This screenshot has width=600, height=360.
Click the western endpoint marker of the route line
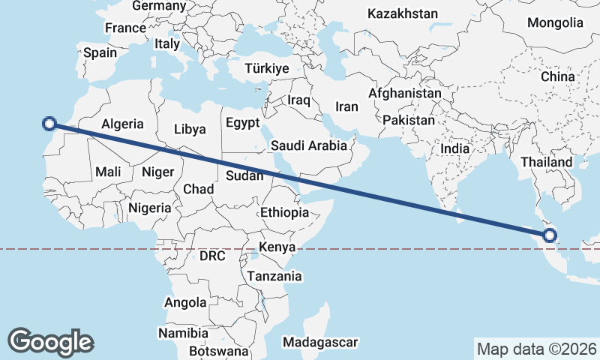(49, 124)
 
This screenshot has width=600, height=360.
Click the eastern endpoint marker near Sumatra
(550, 235)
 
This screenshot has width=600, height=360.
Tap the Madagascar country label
(320, 342)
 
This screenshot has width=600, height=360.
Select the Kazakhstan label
(403, 13)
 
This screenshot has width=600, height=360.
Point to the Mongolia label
(554, 22)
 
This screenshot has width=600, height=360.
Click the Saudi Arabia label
(309, 145)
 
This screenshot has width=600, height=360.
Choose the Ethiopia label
(284, 212)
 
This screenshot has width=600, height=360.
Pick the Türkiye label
(266, 68)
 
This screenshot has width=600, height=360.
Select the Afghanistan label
(405, 94)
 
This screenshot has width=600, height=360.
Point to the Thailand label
(546, 162)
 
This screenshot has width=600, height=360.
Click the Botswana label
(218, 350)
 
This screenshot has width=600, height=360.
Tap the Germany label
(158, 6)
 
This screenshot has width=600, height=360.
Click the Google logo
(51, 342)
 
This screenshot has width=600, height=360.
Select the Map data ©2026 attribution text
(536, 349)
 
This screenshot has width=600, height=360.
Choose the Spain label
(100, 52)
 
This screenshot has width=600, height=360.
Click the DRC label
(212, 256)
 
